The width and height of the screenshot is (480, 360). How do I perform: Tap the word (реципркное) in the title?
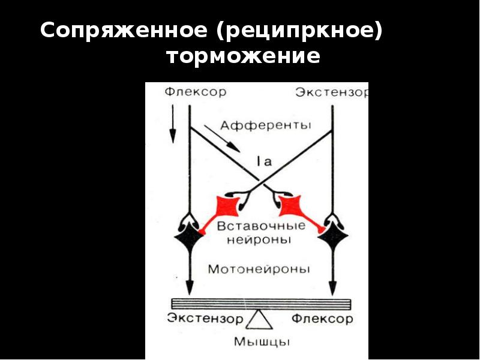[x=301, y=31]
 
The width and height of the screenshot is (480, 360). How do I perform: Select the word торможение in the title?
[x=244, y=58]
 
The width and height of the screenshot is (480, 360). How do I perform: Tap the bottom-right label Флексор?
[x=322, y=318]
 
